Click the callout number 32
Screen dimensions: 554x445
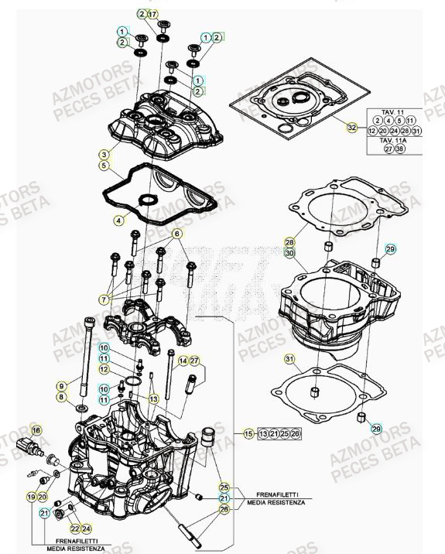click(351, 128)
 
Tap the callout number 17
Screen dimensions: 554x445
click(152, 14)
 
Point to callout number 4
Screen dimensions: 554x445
click(118, 220)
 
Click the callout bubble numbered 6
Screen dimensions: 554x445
click(176, 234)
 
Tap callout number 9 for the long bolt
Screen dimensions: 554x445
click(62, 385)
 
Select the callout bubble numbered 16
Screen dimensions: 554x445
click(35, 429)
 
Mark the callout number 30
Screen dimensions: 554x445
click(289, 253)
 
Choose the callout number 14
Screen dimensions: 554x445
click(183, 361)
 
